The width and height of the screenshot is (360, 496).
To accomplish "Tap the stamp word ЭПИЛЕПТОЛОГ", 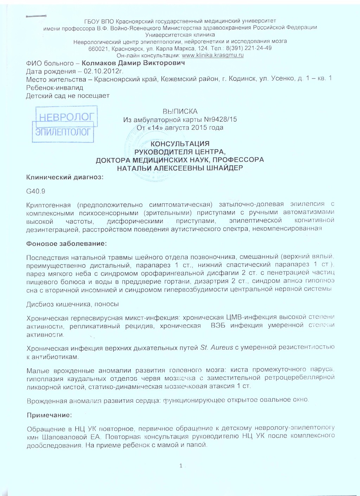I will coord(63,132).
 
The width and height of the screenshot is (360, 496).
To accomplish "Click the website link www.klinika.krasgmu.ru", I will coord(212,55).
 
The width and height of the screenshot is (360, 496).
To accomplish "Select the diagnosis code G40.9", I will coord(36,191).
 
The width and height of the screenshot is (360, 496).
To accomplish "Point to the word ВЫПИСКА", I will coord(180,112).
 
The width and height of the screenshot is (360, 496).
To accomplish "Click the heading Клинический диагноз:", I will coord(65,177).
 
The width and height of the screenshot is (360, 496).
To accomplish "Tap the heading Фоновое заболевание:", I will coord(66,243).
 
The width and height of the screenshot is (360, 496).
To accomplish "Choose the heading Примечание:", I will coord(49,415).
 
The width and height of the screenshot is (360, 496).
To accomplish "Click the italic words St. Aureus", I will coord(216,348).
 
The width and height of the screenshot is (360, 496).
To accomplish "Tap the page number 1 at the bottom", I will coord(181,466).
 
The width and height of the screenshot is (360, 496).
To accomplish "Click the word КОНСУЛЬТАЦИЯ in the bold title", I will coord(180,144).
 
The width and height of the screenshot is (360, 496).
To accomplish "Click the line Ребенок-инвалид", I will coord(54,88).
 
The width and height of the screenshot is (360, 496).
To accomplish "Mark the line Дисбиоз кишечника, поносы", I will coord(72,304).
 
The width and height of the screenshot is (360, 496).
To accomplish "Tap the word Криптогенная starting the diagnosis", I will coord(49,205).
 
